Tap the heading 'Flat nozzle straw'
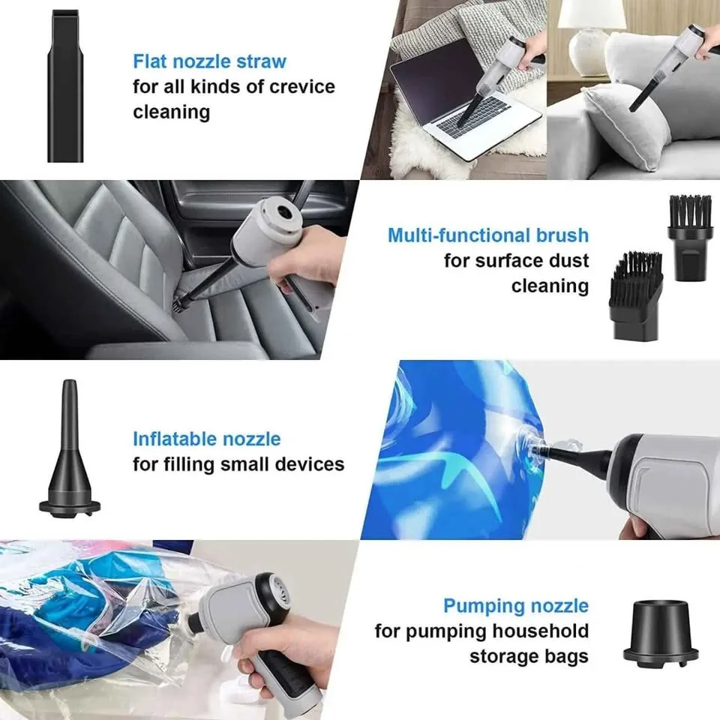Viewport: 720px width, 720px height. [x=209, y=61]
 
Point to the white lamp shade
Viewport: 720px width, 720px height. [x=592, y=13]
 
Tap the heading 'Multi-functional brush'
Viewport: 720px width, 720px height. [x=487, y=235]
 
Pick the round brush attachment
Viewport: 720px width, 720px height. [x=689, y=237]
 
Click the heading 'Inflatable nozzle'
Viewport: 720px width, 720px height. [x=206, y=439]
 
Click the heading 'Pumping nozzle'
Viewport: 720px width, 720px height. [x=515, y=606]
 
